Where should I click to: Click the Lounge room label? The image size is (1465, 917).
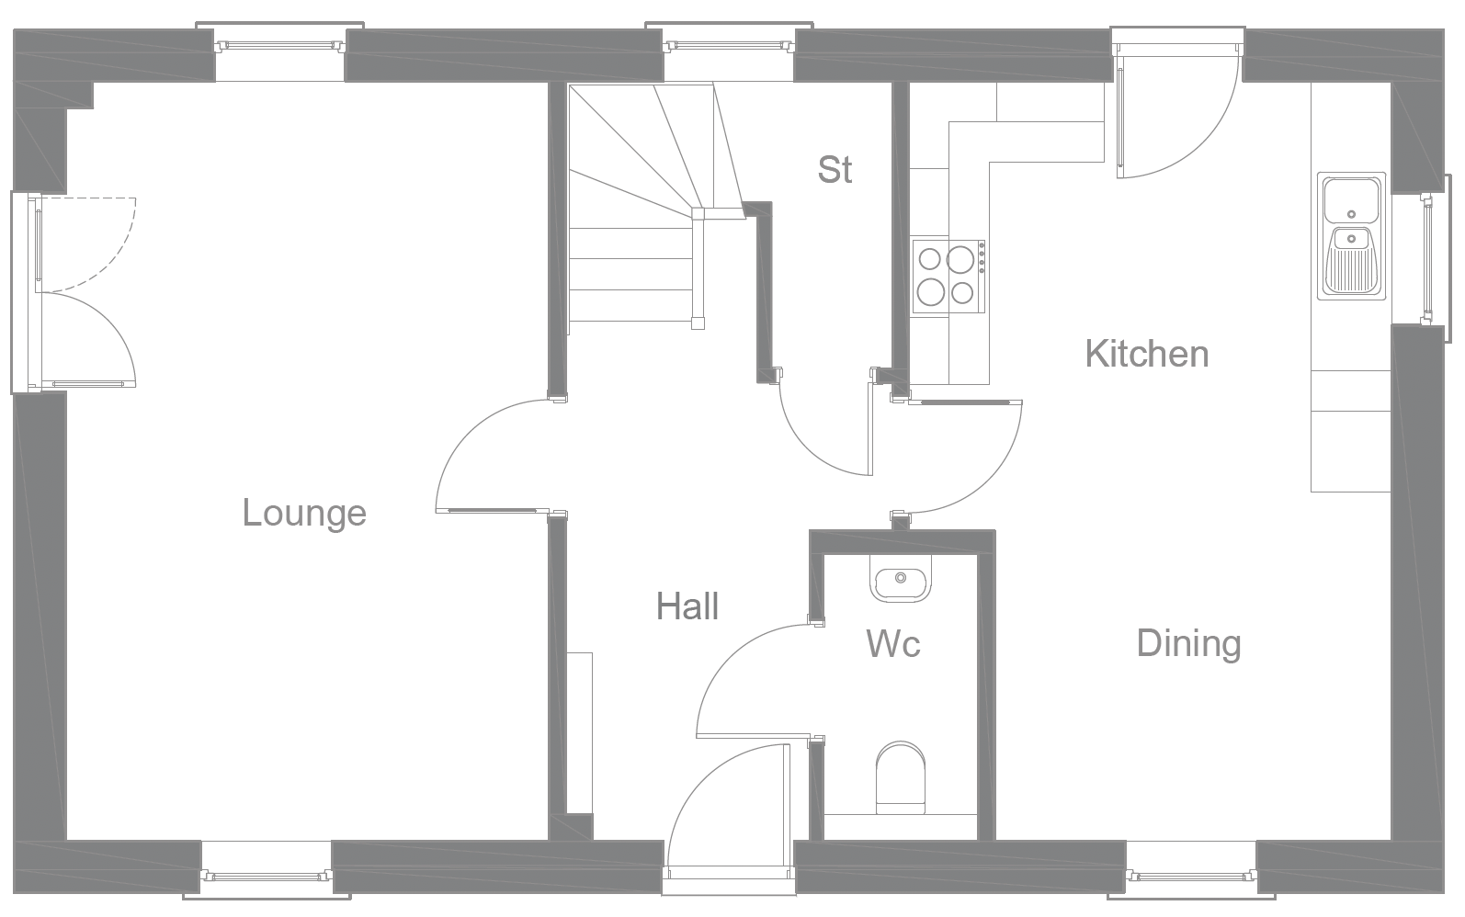pyautogui.click(x=304, y=513)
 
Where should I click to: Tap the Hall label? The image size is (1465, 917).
pyautogui.click(x=687, y=606)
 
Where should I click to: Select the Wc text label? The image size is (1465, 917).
pyautogui.click(x=893, y=644)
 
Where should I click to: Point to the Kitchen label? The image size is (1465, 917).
pyautogui.click(x=1146, y=354)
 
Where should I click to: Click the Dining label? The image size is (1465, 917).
pyautogui.click(x=1188, y=643)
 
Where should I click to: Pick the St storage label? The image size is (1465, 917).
pyautogui.click(x=835, y=170)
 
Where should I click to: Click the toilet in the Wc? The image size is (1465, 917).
pyautogui.click(x=901, y=777)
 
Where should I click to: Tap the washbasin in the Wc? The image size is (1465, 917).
pyautogui.click(x=900, y=580)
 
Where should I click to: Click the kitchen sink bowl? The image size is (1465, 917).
pyautogui.click(x=1351, y=197)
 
